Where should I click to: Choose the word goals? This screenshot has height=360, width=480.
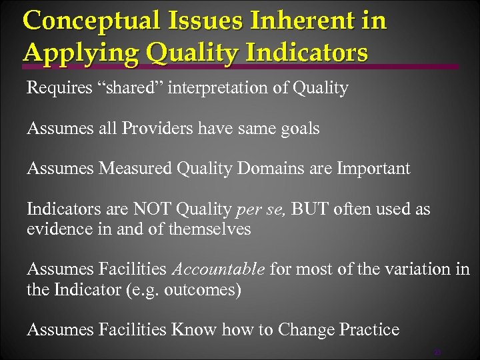point(299,129)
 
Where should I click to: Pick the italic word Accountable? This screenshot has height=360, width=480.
point(219,269)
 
